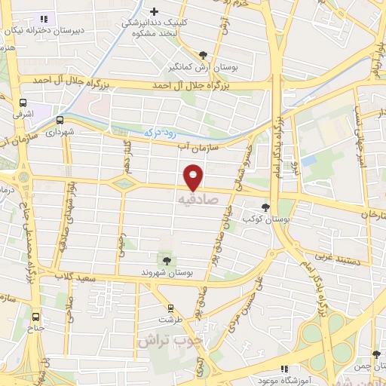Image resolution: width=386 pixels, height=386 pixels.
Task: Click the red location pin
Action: click(x=194, y=177)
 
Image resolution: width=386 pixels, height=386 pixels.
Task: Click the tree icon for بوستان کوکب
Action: click(x=265, y=206)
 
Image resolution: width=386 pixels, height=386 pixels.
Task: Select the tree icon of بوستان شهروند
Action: click(x=167, y=260)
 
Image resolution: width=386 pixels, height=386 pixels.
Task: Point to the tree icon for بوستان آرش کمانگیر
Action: click(x=204, y=54)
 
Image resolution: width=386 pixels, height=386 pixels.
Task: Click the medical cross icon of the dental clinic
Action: click(x=155, y=12)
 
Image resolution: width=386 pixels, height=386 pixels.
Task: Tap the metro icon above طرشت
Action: click(x=171, y=308)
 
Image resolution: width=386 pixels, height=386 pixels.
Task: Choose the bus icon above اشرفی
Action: click(x=23, y=104)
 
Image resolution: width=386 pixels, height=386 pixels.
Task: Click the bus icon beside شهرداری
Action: click(x=60, y=119)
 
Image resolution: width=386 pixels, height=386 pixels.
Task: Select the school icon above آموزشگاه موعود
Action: click(x=283, y=369)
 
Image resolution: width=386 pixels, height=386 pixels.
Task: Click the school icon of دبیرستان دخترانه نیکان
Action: click(x=43, y=19)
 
